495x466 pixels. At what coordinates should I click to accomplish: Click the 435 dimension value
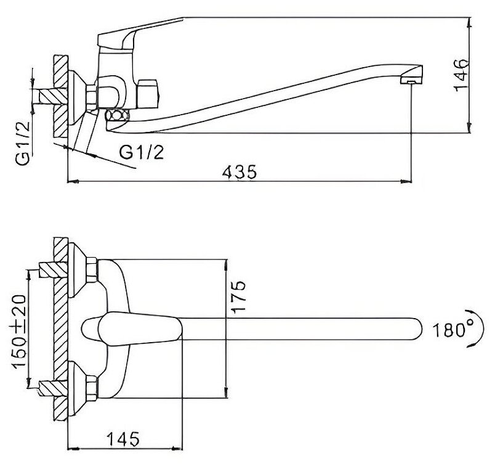click(x=241, y=172)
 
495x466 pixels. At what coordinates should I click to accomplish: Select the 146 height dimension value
click(x=461, y=75)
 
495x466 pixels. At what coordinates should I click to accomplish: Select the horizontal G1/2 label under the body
click(x=142, y=152)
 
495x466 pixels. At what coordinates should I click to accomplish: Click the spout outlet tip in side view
click(x=411, y=80)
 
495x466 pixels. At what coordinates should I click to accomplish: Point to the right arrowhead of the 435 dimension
click(x=408, y=182)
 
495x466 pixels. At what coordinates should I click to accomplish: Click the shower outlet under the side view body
click(x=118, y=115)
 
